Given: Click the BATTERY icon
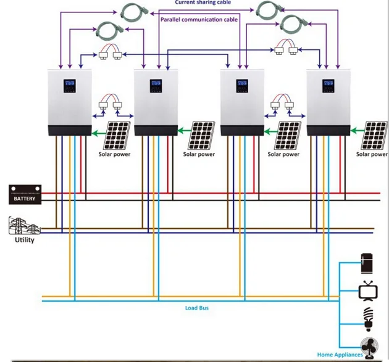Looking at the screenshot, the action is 25,194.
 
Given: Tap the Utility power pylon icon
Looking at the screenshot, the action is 24,226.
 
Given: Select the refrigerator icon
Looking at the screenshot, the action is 367,263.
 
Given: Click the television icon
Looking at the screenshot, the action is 368,291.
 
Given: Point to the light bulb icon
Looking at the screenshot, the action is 368,319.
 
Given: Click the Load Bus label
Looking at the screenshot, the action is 197,308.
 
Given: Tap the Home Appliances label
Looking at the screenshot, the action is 340,355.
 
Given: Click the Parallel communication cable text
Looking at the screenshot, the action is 199,20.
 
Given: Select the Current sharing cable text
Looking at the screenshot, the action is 203,2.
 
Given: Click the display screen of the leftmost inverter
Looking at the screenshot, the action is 69,86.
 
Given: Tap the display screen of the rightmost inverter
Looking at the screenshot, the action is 328,86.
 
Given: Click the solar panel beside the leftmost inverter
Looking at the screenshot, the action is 117,135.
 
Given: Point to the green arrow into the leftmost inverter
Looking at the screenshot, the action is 99,134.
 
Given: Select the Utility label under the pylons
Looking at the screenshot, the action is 25,240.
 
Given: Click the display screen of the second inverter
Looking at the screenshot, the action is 156,86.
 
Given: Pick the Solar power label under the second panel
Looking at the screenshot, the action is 199,154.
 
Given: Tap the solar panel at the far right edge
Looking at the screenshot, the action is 375,135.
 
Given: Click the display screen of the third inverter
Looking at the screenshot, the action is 242,86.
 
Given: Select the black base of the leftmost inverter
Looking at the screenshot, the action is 70,130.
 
